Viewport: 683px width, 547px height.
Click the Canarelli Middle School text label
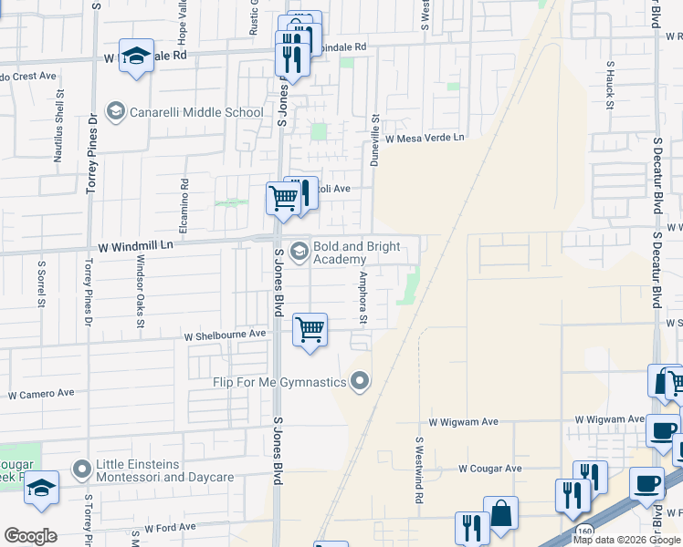click(x=197, y=112)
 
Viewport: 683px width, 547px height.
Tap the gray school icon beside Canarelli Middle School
click(x=115, y=112)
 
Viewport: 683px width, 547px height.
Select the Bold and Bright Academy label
click(x=352, y=253)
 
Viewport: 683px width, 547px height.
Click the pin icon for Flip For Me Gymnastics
click(x=361, y=381)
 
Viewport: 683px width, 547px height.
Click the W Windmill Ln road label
click(x=134, y=246)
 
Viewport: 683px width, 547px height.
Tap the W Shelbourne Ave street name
click(x=225, y=334)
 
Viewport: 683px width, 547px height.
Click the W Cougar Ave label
click(x=489, y=469)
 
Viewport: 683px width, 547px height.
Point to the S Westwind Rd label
click(x=420, y=470)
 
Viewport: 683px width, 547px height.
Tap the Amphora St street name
click(x=363, y=297)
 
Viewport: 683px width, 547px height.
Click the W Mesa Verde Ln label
click(x=425, y=139)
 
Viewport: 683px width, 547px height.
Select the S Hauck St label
click(x=609, y=85)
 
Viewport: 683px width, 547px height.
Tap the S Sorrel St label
click(x=41, y=284)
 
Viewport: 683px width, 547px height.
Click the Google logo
click(x=31, y=535)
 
